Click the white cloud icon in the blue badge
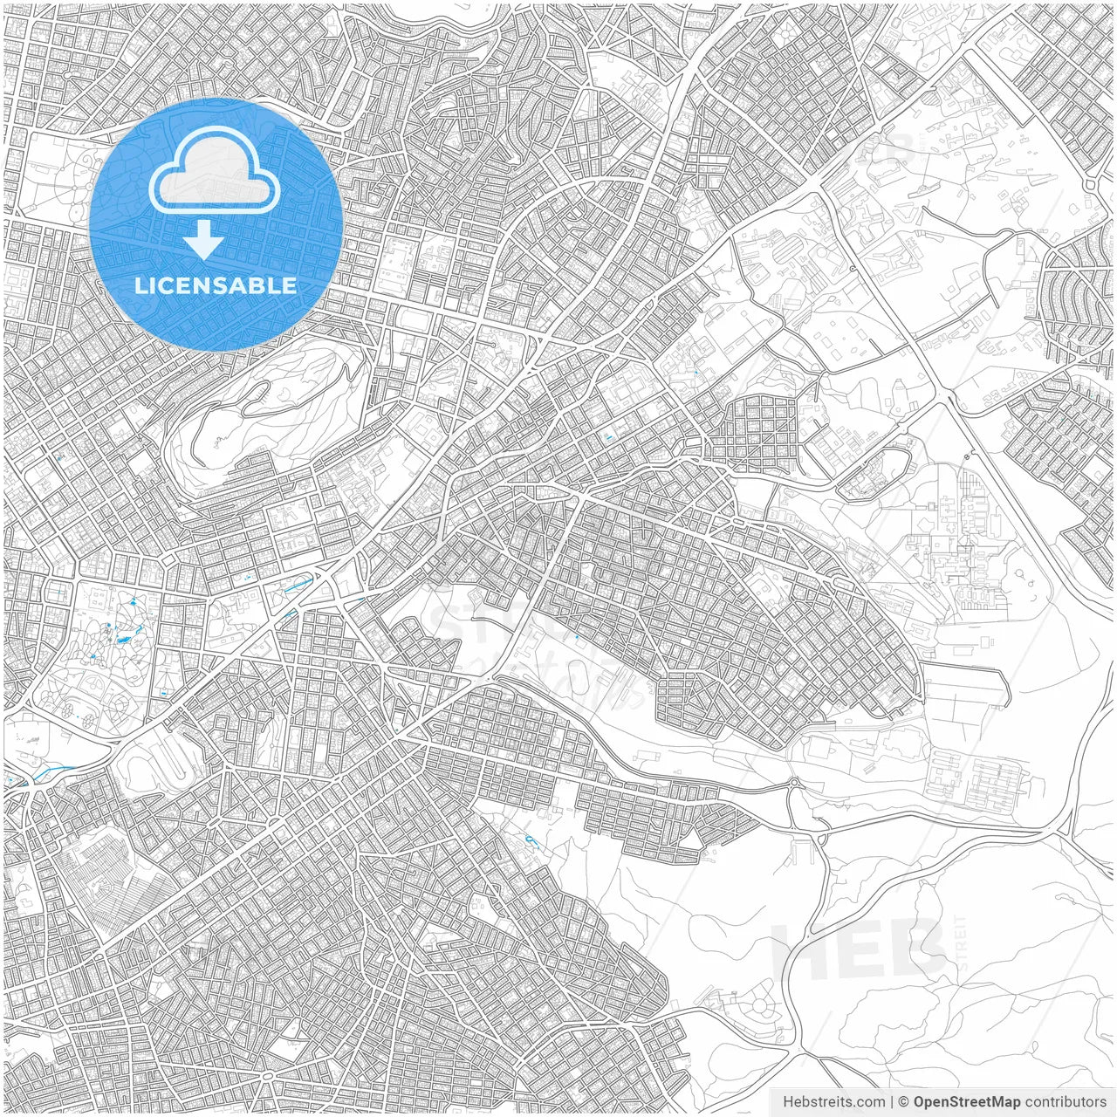(x=215, y=170)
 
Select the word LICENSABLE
(x=215, y=285)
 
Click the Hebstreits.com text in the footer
(x=833, y=1102)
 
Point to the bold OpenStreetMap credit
(x=966, y=1102)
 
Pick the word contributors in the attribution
(x=1066, y=1102)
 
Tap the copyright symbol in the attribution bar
(x=904, y=1102)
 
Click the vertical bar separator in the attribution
(x=892, y=1102)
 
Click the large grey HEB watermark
(x=860, y=947)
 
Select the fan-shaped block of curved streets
(x=1078, y=297)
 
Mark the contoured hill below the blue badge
(x=262, y=410)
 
